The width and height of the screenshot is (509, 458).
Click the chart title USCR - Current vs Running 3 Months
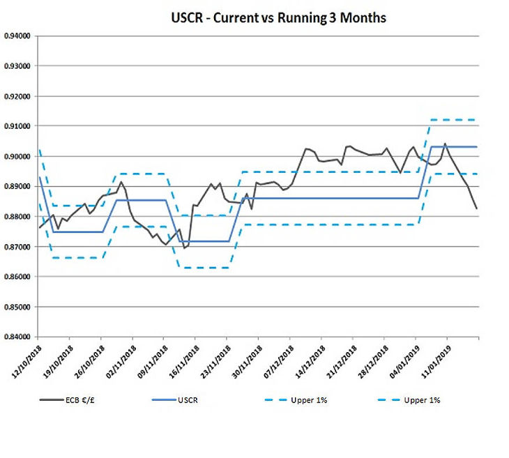(278, 17)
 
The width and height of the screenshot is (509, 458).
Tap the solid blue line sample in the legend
(165, 400)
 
